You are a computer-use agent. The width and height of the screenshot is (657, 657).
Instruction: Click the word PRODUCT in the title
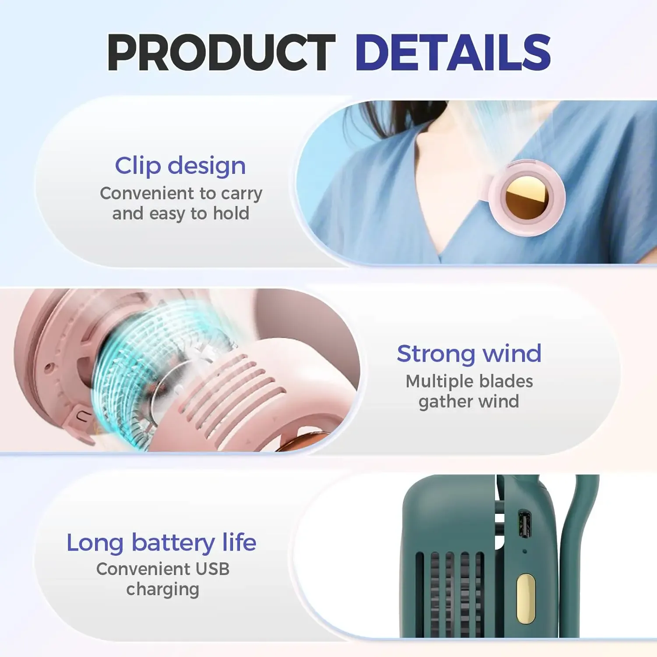[221, 53]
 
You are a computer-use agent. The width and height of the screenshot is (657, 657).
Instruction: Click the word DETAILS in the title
[452, 53]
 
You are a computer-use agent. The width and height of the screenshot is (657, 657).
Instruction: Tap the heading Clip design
[180, 166]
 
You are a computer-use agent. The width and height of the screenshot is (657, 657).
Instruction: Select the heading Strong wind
[469, 353]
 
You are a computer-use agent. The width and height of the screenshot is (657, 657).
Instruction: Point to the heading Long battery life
[161, 543]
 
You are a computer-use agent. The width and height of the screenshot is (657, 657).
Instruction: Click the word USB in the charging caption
[212, 569]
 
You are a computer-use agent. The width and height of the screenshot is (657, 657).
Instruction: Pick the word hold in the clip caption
[231, 213]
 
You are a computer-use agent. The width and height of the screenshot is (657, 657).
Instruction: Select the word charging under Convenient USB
[162, 590]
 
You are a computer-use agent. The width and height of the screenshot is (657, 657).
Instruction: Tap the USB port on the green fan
[524, 524]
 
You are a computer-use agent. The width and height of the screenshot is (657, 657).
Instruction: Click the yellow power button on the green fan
[525, 598]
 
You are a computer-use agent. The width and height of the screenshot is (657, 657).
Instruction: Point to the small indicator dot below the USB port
[525, 551]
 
